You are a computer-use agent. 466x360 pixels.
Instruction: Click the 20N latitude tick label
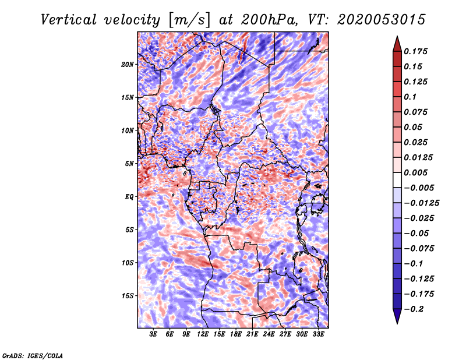128,64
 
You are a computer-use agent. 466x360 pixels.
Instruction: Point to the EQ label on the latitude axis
129,197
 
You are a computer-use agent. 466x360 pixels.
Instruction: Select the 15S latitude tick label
128,296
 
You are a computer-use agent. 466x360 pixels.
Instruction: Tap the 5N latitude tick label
129,164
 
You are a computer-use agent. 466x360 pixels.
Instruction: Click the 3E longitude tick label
154,334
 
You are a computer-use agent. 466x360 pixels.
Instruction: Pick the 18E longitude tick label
236,334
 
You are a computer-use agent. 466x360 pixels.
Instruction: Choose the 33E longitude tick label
318,334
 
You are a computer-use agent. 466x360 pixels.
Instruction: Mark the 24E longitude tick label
269,334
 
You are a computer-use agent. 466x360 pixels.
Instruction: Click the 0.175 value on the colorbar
418,51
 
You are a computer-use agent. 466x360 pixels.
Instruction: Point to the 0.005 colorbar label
418,173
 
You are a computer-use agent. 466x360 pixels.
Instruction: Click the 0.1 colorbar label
413,97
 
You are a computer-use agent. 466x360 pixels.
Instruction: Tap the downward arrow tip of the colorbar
397,322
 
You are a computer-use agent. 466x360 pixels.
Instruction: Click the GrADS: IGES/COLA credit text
33,355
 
